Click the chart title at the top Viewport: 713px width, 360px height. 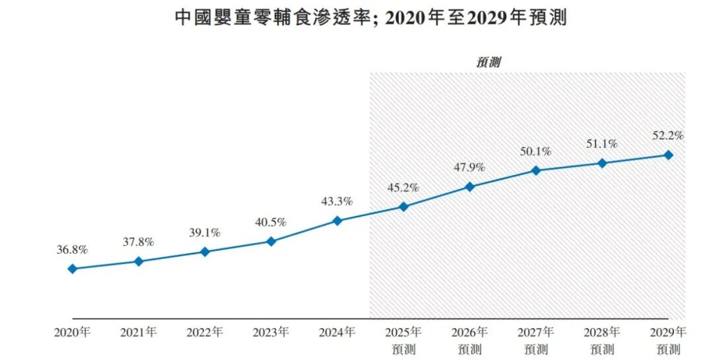click(x=370, y=18)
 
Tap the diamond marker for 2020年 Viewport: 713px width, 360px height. click(x=72, y=269)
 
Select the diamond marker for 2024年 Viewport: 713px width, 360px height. click(x=337, y=221)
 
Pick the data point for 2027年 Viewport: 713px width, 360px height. click(x=536, y=170)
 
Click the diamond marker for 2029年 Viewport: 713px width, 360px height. click(x=668, y=155)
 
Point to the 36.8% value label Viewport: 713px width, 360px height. click(x=72, y=250)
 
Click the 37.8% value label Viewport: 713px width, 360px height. click(x=138, y=242)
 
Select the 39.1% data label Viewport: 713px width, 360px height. click(x=205, y=233)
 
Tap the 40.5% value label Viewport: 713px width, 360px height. click(x=271, y=223)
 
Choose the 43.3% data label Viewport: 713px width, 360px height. click(x=337, y=201)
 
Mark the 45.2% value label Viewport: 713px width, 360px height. click(x=403, y=188)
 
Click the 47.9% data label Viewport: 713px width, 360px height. click(x=469, y=167)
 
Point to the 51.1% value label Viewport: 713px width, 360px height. click(x=602, y=143)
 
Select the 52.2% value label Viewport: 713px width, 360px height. click(x=668, y=135)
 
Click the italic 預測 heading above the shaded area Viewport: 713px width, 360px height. click(x=489, y=63)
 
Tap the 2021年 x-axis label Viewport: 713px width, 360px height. click(x=138, y=332)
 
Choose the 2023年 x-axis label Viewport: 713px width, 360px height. click(x=271, y=332)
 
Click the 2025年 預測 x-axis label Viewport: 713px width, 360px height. click(x=403, y=340)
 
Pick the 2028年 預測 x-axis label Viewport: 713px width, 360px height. click(x=602, y=340)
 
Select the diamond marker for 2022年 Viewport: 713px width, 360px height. click(x=205, y=252)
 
